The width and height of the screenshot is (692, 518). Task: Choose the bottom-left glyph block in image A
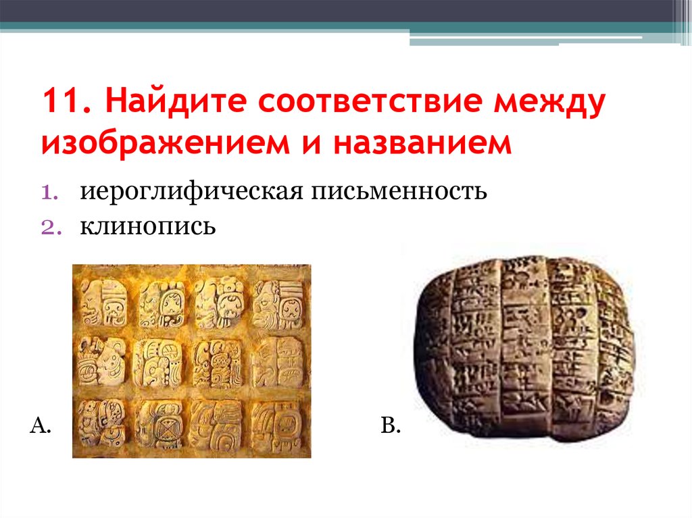pos(103,423)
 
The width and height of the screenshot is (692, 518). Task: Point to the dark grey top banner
pos(338,10)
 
